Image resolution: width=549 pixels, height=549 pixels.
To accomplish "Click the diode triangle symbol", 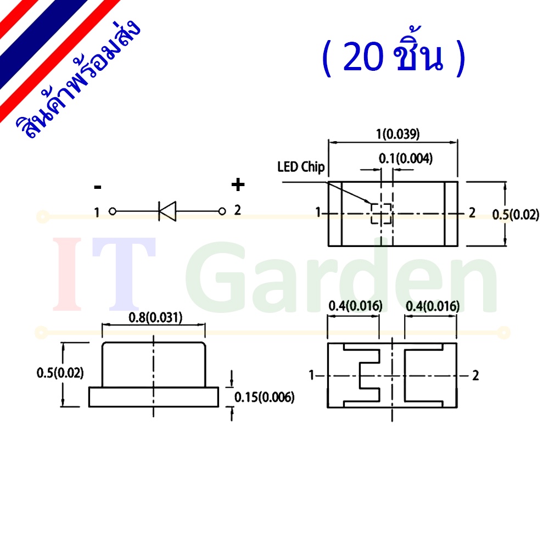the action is pyautogui.click(x=167, y=211).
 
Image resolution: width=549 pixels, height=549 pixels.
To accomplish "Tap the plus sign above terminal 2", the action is pyautogui.click(x=238, y=184).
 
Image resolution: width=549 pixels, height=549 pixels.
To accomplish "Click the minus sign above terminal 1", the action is pyautogui.click(x=98, y=187).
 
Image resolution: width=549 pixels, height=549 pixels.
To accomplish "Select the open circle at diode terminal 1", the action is pyautogui.click(x=113, y=211).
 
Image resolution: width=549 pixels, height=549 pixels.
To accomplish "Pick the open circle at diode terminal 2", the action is pyautogui.click(x=222, y=211).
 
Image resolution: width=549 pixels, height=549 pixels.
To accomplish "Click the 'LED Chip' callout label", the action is pyautogui.click(x=301, y=167).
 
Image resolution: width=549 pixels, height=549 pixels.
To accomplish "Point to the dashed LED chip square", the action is pyautogui.click(x=382, y=213).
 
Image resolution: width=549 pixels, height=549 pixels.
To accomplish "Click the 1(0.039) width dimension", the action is pyautogui.click(x=397, y=134).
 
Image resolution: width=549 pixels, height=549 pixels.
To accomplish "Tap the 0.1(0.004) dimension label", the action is pyautogui.click(x=406, y=159).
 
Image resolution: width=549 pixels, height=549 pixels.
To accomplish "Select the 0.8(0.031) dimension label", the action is pyautogui.click(x=155, y=317).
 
